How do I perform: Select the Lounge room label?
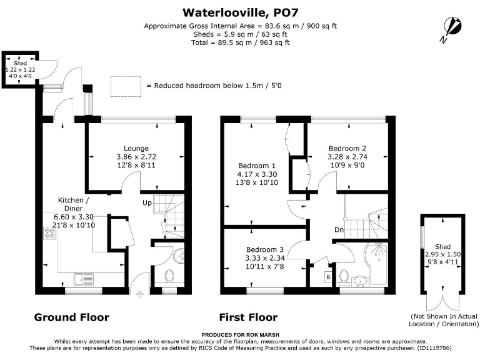point(136,147)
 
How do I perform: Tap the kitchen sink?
point(82,279)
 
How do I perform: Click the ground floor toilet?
point(169,275)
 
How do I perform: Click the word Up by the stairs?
point(147,203)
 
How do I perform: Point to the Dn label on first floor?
point(338,230)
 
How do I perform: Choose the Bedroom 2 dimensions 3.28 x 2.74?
point(346,157)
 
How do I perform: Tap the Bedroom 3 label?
point(264,248)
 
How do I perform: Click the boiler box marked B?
point(327,276)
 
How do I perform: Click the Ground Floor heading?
point(71,317)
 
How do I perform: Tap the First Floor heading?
point(248,317)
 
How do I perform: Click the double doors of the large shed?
point(442,301)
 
